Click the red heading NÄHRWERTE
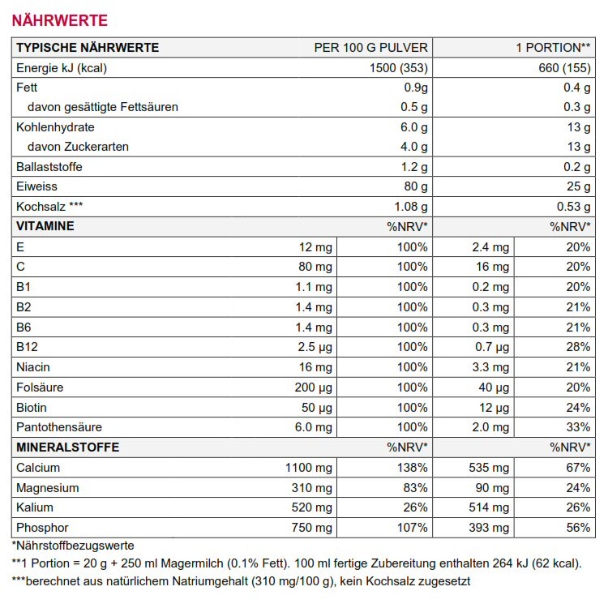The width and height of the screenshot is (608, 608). pyautogui.click(x=59, y=19)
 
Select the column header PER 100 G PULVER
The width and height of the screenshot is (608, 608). pyautogui.click(x=370, y=48)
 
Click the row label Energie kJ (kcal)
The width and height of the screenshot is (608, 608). pyautogui.click(x=62, y=68)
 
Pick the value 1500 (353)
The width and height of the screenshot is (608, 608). pyautogui.click(x=398, y=68)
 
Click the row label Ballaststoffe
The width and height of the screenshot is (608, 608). pyautogui.click(x=49, y=167)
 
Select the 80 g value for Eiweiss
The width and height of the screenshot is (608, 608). pyautogui.click(x=414, y=186)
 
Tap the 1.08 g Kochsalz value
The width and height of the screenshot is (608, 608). pyautogui.click(x=410, y=207)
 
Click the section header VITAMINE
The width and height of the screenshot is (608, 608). pyautogui.click(x=45, y=226)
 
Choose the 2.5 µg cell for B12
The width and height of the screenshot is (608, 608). pyautogui.click(x=315, y=347)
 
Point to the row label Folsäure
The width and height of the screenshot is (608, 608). pyautogui.click(x=40, y=387)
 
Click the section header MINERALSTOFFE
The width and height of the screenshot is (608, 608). pyautogui.click(x=67, y=447)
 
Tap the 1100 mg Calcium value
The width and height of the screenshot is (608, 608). pyautogui.click(x=308, y=467)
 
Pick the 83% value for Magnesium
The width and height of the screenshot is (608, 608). pyautogui.click(x=414, y=487)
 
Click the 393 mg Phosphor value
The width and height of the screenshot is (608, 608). pyautogui.click(x=490, y=527)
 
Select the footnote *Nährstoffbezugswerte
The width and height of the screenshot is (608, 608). pyautogui.click(x=73, y=546)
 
